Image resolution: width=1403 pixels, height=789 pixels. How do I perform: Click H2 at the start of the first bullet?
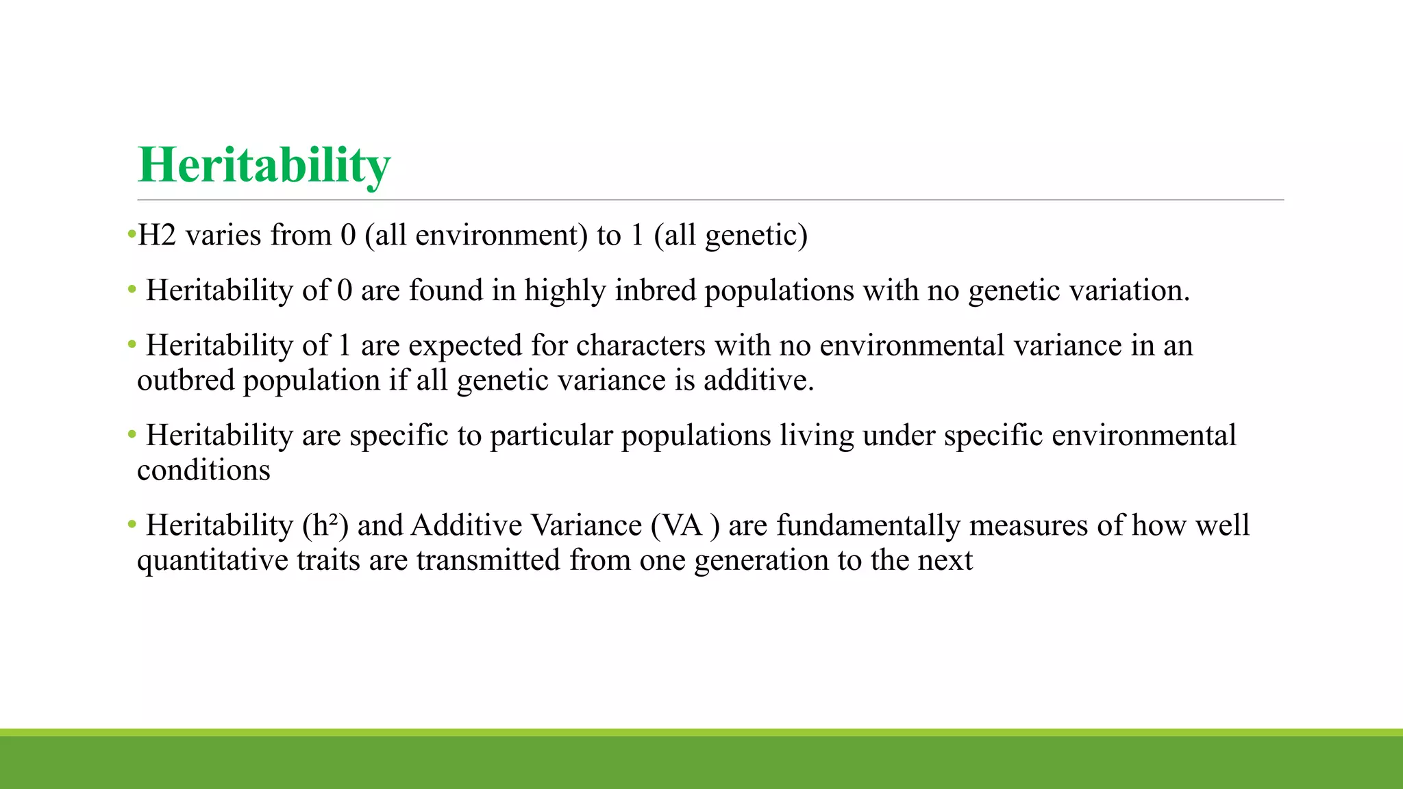coord(157,236)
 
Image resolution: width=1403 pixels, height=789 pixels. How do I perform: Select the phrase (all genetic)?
coord(730,236)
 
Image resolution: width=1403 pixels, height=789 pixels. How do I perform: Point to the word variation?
coord(1129,290)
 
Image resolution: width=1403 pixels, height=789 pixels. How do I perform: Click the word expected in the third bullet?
coord(465,345)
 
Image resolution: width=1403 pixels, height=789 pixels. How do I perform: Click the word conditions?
coord(203,471)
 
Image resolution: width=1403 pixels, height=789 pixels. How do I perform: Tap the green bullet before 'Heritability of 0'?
coord(132,290)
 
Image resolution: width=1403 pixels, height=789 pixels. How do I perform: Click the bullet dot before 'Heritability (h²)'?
coord(132,525)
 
